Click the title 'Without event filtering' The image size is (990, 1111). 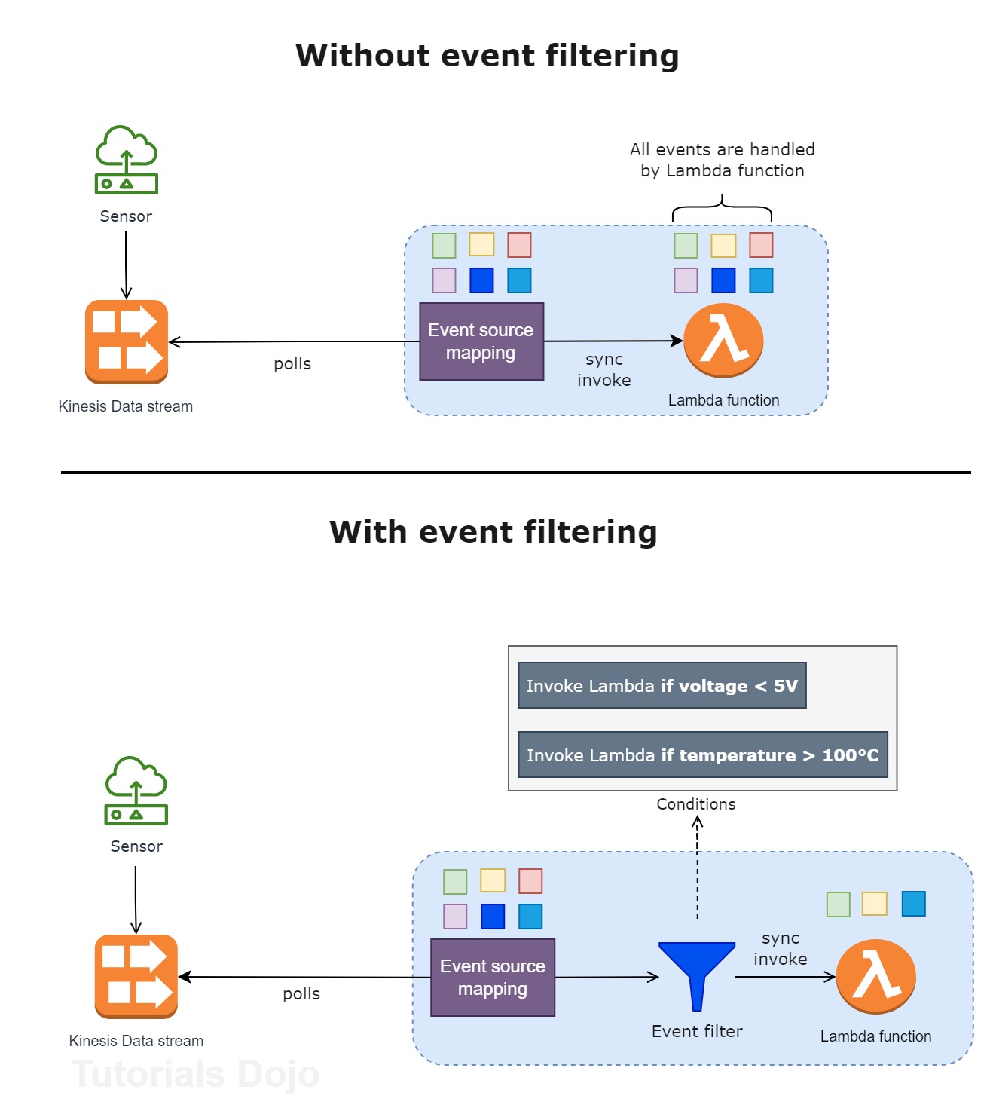pyautogui.click(x=487, y=57)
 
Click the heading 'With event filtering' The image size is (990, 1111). pyautogui.click(x=493, y=532)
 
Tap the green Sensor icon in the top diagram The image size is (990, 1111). pyautogui.click(x=126, y=160)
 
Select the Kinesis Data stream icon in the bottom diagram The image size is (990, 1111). pyautogui.click(x=136, y=976)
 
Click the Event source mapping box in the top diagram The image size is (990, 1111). pyautogui.click(x=481, y=341)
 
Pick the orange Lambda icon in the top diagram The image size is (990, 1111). pyautogui.click(x=723, y=341)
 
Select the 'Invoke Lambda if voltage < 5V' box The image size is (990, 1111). pyautogui.click(x=662, y=685)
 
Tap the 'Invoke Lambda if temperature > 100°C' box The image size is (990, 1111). pyautogui.click(x=702, y=754)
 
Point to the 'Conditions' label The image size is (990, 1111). pyautogui.click(x=695, y=804)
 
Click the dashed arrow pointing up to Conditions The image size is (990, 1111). pyautogui.click(x=698, y=867)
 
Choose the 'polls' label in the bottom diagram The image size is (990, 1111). pyautogui.click(x=301, y=994)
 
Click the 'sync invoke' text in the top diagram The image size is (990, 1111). pyautogui.click(x=604, y=369)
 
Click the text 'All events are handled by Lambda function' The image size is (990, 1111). pyautogui.click(x=722, y=160)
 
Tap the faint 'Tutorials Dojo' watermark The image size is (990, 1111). pyautogui.click(x=195, y=1074)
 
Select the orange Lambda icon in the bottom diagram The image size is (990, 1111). pyautogui.click(x=875, y=976)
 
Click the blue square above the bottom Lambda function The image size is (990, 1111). pyautogui.click(x=913, y=903)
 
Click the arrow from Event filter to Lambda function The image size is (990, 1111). pyautogui.click(x=784, y=977)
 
